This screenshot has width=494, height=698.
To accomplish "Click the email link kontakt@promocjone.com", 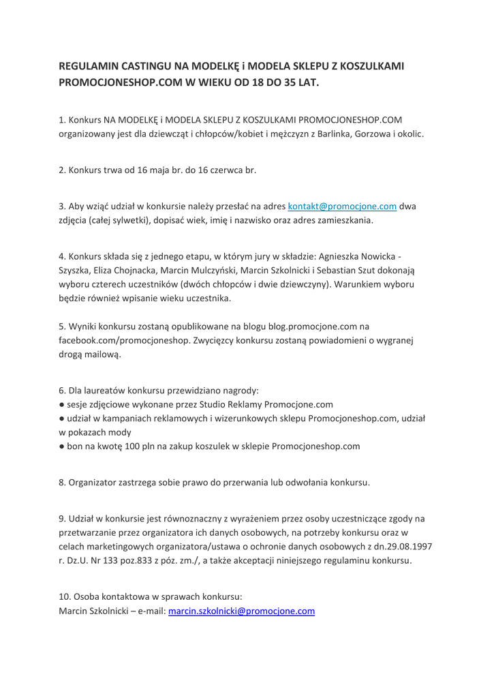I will [x=343, y=206].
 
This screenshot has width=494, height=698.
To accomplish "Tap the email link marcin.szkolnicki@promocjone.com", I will [x=241, y=611].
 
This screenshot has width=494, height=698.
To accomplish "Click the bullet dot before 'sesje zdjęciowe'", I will [x=61, y=404].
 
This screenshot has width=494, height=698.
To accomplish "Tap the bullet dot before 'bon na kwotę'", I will [x=61, y=447].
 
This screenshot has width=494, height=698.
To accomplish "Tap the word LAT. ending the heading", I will [x=306, y=82].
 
